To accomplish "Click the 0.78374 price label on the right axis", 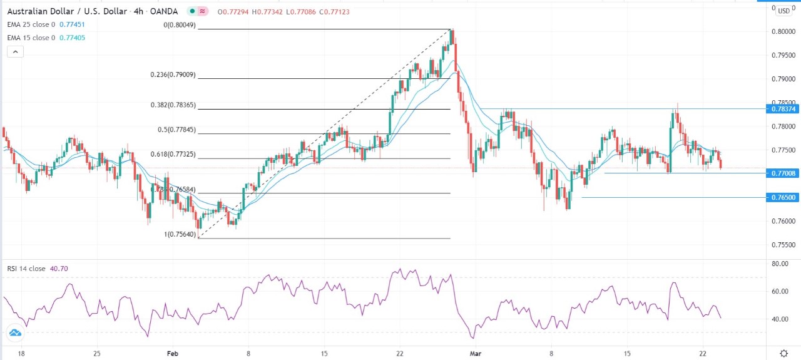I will click(x=783, y=109).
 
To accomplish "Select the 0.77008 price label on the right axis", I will click(x=783, y=173).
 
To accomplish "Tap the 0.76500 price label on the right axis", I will click(x=783, y=197).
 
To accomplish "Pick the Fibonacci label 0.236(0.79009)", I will click(x=173, y=75).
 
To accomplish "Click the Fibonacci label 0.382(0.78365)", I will click(x=173, y=105).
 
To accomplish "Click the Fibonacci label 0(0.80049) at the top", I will click(x=176, y=25).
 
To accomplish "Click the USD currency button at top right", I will click(x=784, y=11).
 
